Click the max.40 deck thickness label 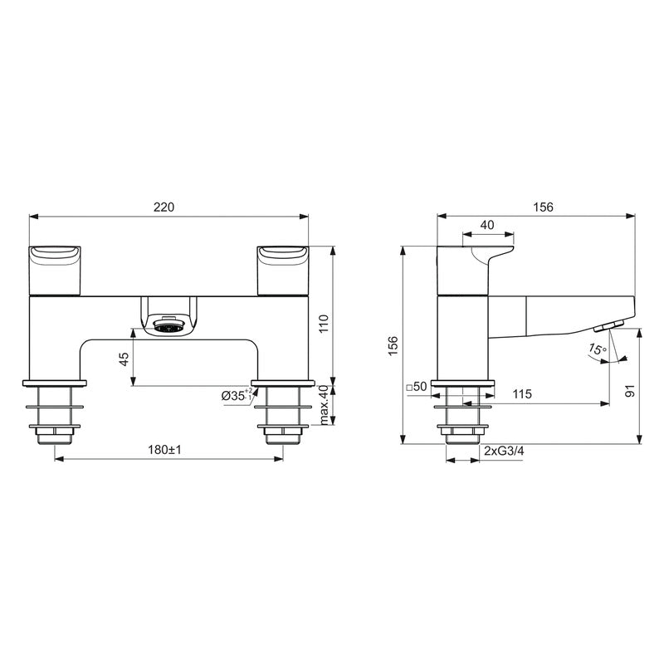point(325,405)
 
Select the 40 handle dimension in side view point(487,225)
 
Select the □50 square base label point(416,388)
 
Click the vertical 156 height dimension point(393,344)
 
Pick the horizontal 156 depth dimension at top point(544,207)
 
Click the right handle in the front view point(283,269)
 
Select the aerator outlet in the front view point(169,327)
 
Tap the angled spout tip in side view point(614,323)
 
